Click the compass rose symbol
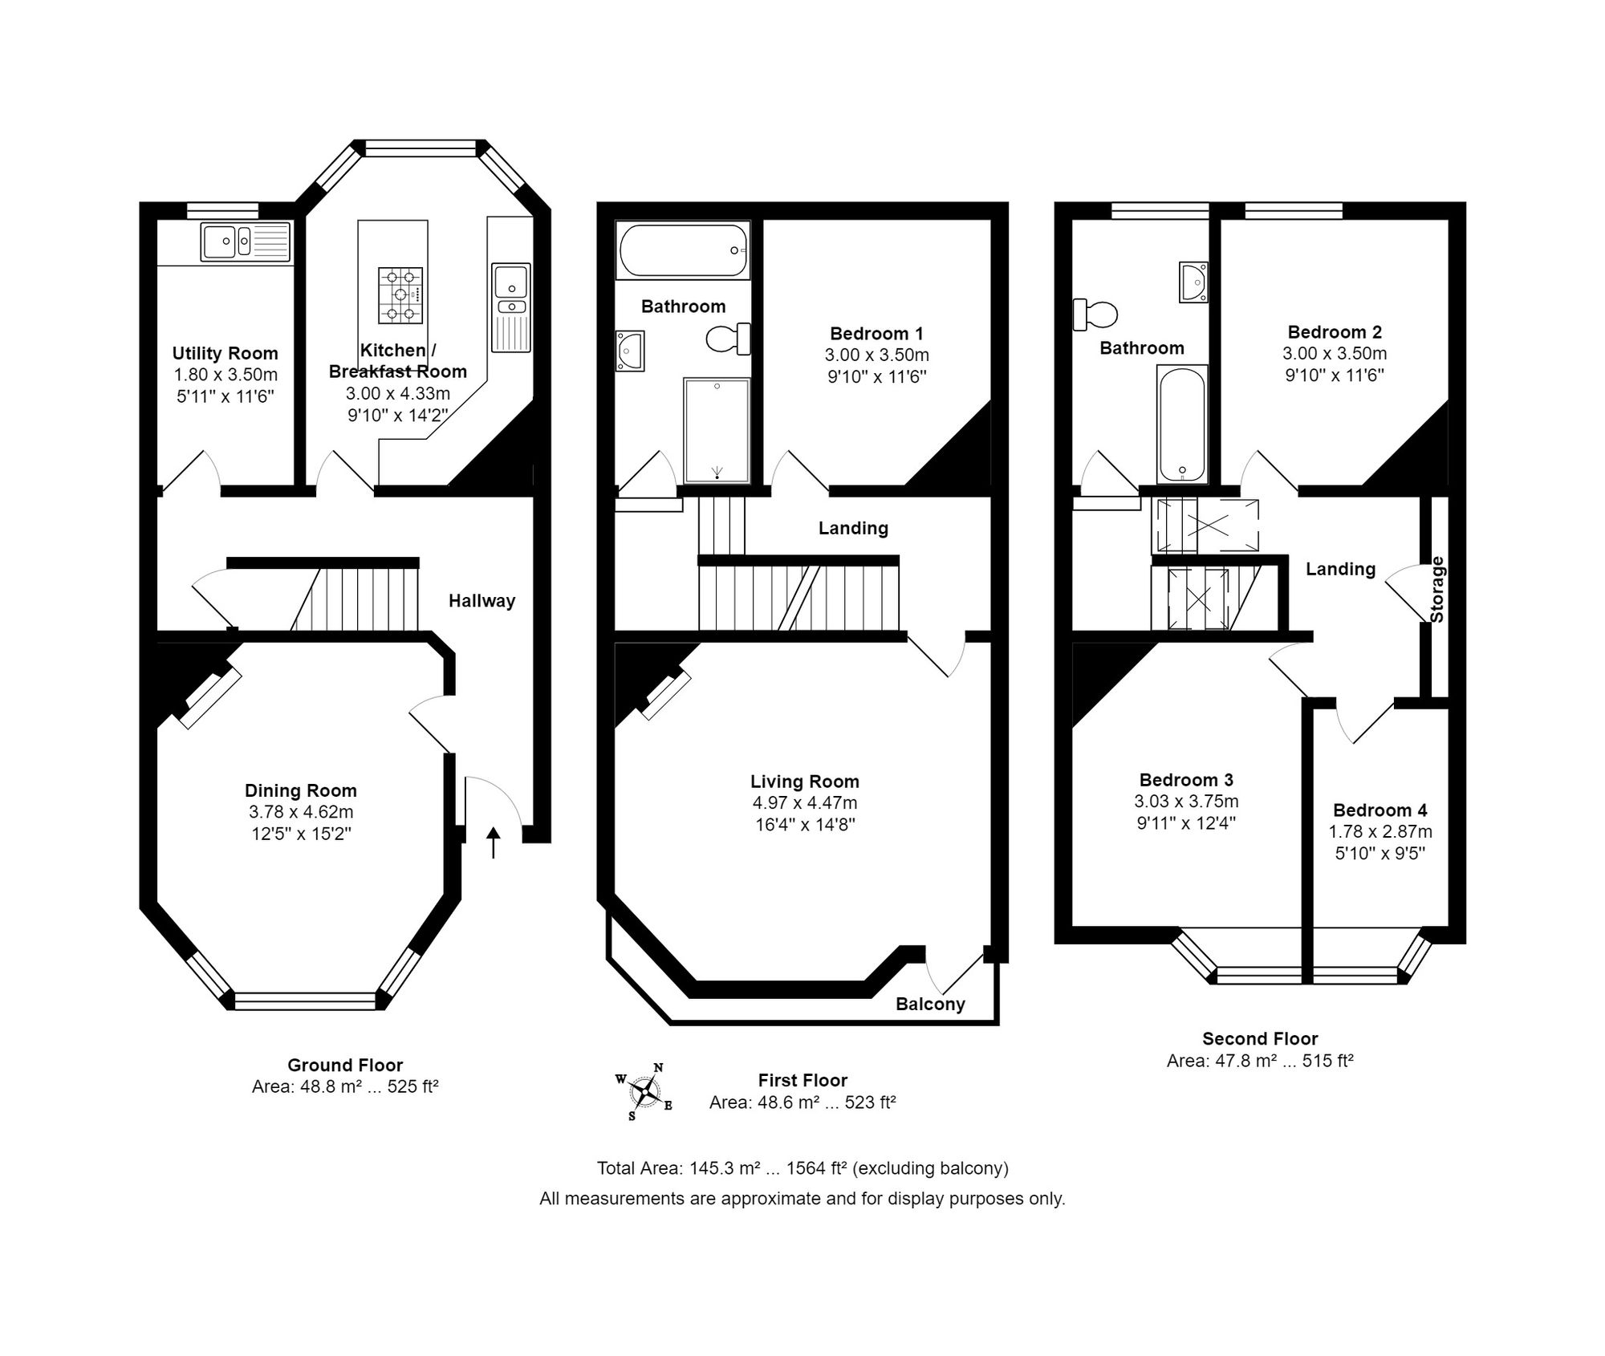tap(644, 1091)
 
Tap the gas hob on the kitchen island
tap(400, 295)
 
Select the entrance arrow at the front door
tap(494, 842)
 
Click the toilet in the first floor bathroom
tap(729, 339)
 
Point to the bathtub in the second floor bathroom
tap(1182, 424)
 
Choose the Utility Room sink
tap(246, 241)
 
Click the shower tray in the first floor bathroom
tap(717, 430)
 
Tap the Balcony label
tap(930, 1004)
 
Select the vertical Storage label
tap(1437, 590)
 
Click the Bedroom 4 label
tap(1380, 810)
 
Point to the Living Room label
tap(805, 782)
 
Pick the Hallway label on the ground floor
tap(481, 601)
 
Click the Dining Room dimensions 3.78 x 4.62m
tap(301, 812)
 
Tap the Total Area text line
tap(802, 1168)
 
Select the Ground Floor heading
tap(345, 1066)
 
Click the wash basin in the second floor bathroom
tap(1193, 282)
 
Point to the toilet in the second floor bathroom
tap(1095, 315)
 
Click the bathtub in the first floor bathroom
tap(683, 250)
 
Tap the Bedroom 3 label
tap(1186, 780)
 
